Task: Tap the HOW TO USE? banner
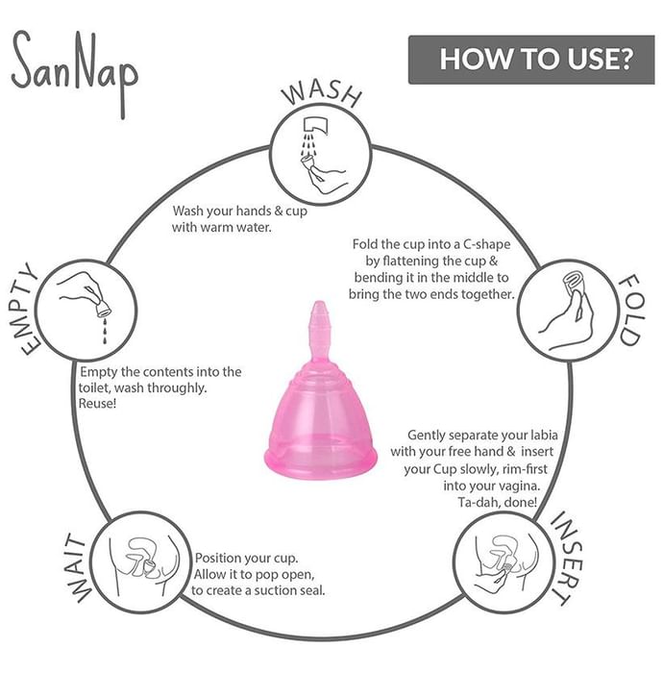pos(531,60)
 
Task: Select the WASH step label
pos(322,94)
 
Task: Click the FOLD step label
pos(631,310)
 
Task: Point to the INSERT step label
pos(566,558)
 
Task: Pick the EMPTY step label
pos(25,309)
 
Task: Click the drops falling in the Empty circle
pos(104,331)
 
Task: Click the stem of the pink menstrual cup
pos(320,331)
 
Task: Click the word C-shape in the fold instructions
pos(486,244)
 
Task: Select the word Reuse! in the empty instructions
pos(97,404)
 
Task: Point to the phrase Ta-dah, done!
pos(497,502)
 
